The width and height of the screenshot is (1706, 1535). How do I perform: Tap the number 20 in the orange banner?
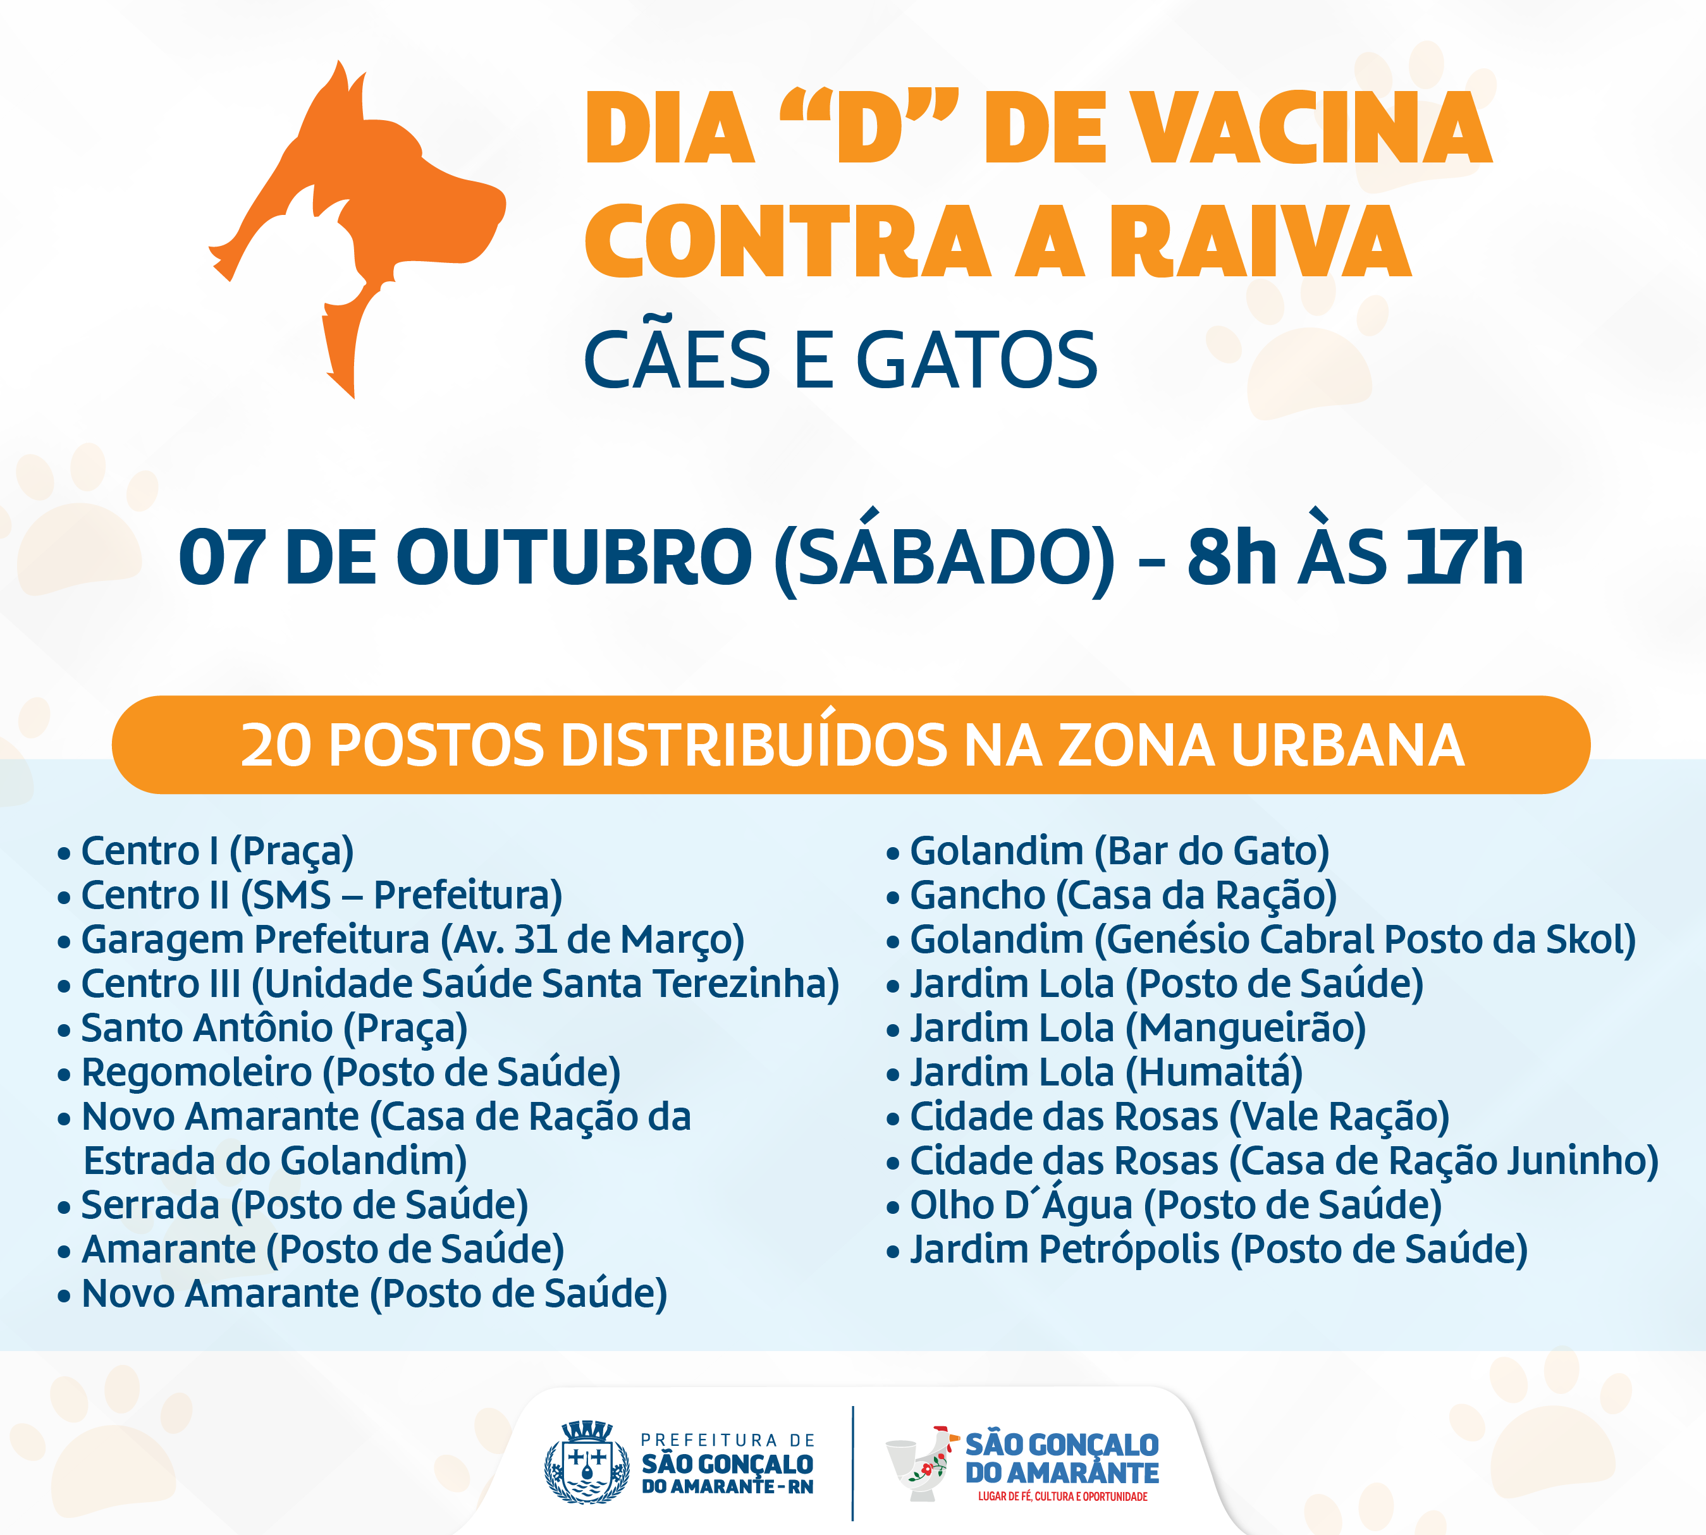(x=276, y=745)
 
